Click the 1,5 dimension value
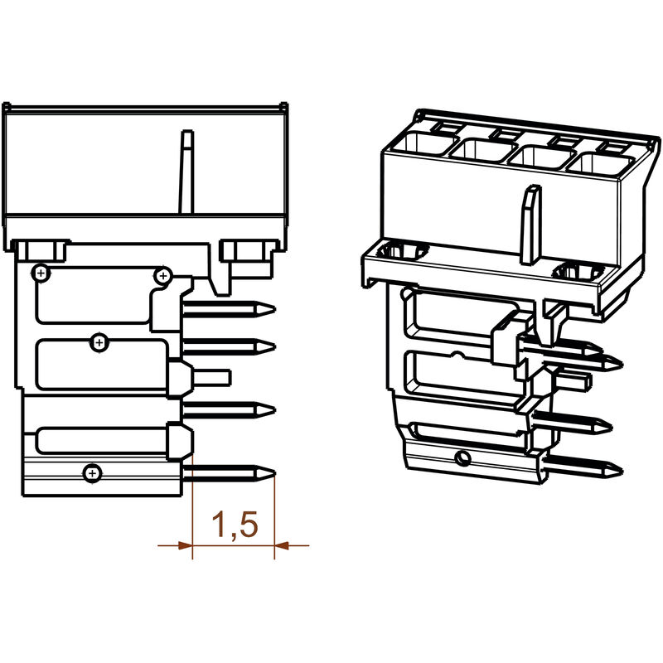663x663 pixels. [235, 525]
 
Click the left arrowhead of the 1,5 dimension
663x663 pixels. [183, 544]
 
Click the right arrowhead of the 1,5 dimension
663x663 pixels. [283, 544]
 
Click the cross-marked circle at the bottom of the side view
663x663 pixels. [91, 473]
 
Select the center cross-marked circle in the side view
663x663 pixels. [99, 341]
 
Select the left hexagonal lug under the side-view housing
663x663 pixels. [41, 249]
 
